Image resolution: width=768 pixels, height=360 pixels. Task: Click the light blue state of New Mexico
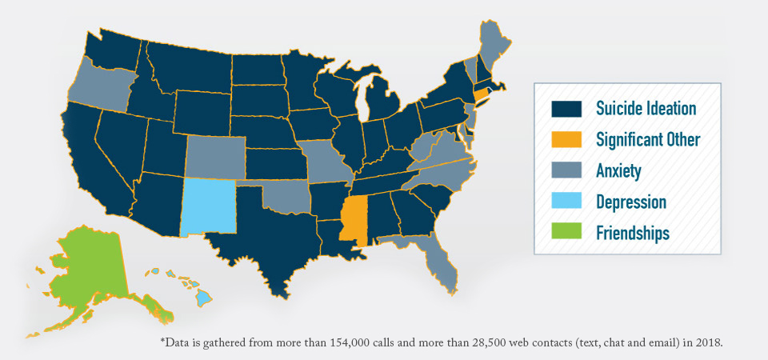pyautogui.click(x=210, y=206)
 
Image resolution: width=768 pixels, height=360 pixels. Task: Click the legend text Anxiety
pyautogui.click(x=618, y=170)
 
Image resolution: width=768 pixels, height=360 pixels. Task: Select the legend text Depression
pyautogui.click(x=631, y=202)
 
